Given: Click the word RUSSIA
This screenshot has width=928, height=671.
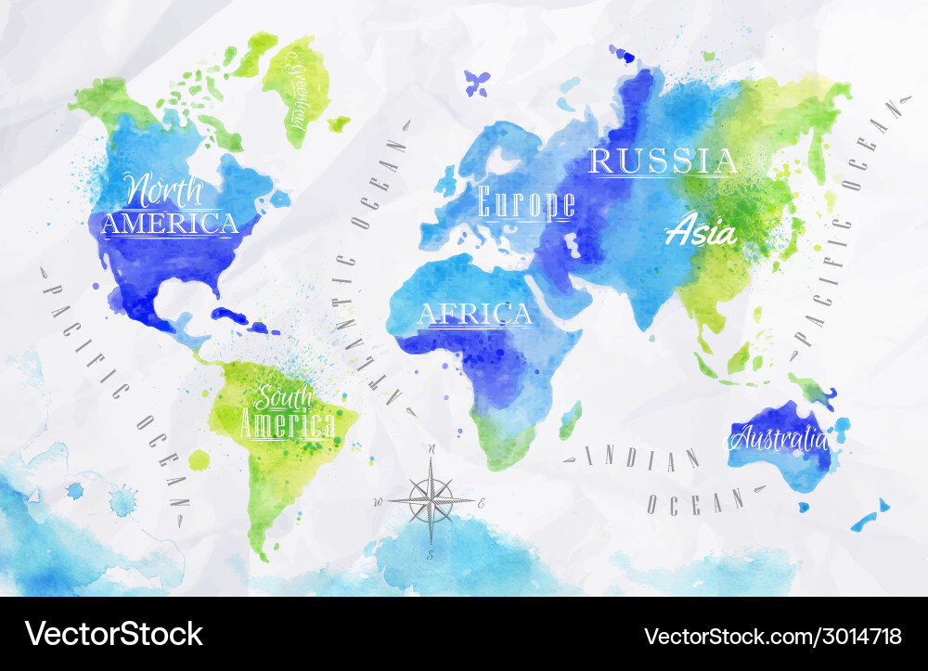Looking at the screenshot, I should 664,161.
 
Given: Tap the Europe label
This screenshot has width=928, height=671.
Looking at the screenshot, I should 526,202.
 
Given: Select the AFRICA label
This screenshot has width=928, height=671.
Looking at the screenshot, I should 475,315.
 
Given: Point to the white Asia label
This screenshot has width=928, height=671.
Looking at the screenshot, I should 702,231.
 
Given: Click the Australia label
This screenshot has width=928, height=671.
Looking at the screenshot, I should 778,437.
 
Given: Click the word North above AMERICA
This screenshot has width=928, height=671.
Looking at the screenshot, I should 164,190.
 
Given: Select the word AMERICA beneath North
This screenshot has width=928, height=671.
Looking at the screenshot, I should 170,224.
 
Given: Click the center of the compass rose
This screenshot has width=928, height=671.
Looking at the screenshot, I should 431,502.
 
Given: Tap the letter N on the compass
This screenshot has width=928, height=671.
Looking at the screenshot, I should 432,449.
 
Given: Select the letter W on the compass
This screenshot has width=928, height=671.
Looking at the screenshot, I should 378,502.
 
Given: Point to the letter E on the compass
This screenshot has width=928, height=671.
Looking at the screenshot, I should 481,503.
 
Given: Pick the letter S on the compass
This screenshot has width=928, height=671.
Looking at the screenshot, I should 431,555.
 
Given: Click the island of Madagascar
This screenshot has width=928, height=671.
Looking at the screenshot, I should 570,419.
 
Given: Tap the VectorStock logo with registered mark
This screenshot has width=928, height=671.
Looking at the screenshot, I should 115,634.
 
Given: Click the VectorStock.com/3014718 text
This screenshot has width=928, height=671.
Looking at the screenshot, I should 772,636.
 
